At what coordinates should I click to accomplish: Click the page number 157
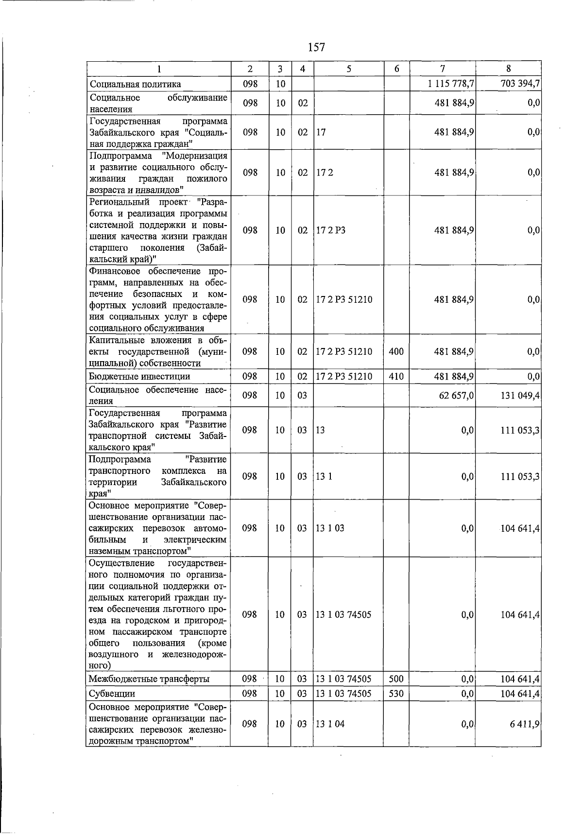pos(316,47)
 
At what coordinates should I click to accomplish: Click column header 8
pos(508,69)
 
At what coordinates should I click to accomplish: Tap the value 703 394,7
pos(520,84)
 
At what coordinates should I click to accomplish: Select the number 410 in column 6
pos(396,377)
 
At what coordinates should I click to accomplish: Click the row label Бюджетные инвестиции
pos(139,377)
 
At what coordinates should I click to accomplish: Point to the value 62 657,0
pos(456,396)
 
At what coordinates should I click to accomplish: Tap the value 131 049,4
pos(520,396)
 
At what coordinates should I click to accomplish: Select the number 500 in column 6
pos(396,679)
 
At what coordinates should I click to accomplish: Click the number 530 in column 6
pos(396,694)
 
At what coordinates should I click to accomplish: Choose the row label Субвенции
pos(112,694)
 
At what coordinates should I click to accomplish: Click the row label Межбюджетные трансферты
pos(149,679)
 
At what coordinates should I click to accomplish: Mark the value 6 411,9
pos(525,724)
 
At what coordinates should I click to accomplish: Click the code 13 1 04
pos(330,724)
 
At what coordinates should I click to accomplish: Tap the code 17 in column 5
pos(321,132)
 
